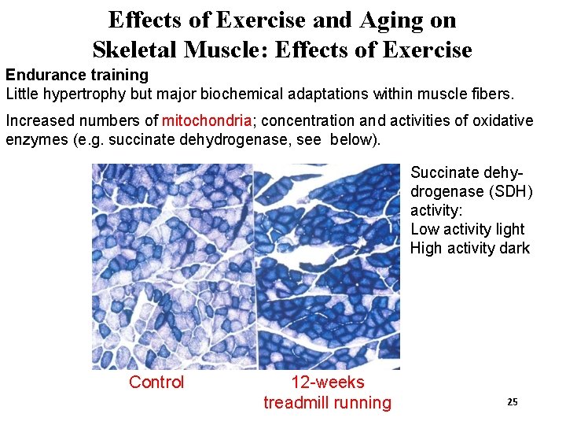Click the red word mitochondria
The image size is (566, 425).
[207, 121]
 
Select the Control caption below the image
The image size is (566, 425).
[156, 382]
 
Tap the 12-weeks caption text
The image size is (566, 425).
[327, 382]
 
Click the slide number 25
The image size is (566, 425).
[512, 402]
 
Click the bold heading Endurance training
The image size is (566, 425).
[77, 75]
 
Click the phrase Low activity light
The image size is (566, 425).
[467, 229]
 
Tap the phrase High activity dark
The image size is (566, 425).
[470, 249]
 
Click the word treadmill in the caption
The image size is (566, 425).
[297, 403]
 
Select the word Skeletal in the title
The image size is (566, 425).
[134, 50]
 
